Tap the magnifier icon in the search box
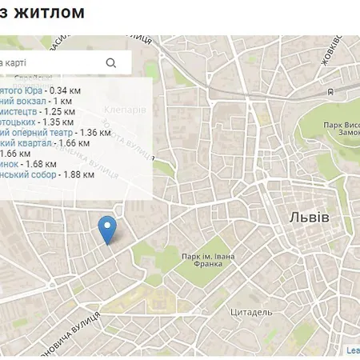pos(111,62)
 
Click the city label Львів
pos(309,218)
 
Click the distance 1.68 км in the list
pos(50,164)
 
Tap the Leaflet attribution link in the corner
pos(353,350)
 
